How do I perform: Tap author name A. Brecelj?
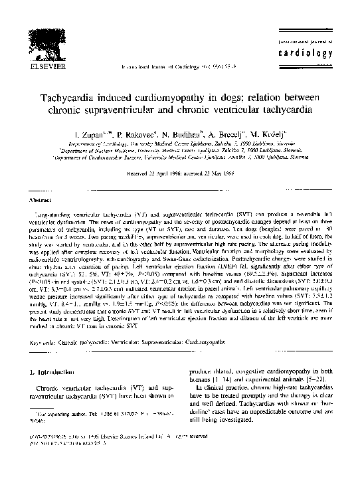[x=242, y=134]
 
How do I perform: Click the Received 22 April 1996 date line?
[x=179, y=173]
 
